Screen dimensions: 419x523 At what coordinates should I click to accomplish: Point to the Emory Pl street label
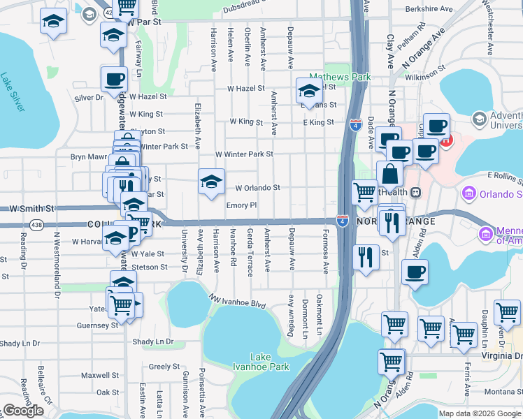tap(242, 206)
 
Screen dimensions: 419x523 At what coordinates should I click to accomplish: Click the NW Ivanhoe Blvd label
tap(238, 301)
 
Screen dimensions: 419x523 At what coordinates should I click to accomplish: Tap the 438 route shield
tap(36, 224)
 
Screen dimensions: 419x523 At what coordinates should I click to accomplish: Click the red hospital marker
tap(446, 140)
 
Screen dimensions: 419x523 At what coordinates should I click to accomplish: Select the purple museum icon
tap(468, 192)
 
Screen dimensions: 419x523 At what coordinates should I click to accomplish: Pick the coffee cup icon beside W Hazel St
tap(114, 80)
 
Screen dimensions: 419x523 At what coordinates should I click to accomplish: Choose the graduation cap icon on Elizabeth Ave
tap(211, 182)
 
